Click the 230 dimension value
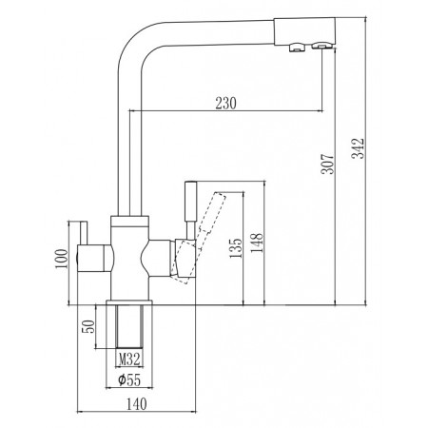coord(225,103)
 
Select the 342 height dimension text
coord(360,148)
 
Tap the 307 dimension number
coord(328,164)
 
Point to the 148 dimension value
coord(257,243)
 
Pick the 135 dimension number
coord(236,248)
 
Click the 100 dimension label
coord(62,259)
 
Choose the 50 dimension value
coord(88,326)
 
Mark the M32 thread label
coord(129,360)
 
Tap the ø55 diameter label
coord(129,379)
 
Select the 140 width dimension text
coord(137,404)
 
